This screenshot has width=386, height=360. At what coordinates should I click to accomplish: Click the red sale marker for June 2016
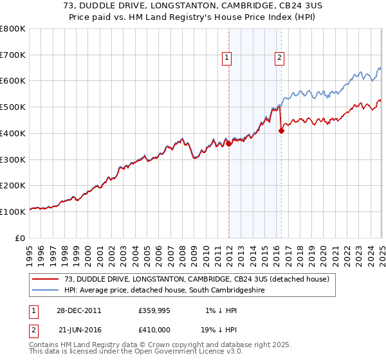[281, 130]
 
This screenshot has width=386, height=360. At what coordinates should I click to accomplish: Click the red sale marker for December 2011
[229, 144]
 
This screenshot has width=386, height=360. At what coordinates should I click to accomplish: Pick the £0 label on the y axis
[21, 238]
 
